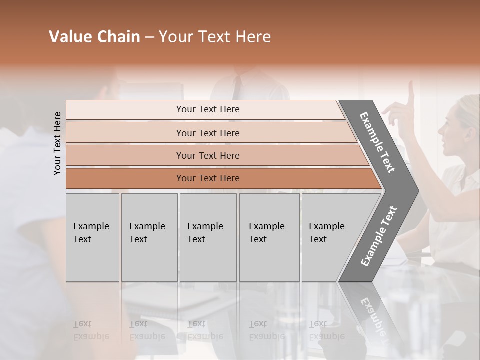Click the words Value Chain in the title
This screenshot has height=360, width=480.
click(x=94, y=37)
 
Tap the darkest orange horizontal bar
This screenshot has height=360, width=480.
click(x=125, y=178)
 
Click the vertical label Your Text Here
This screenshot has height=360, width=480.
click(x=57, y=143)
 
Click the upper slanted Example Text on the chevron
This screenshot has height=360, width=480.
click(x=377, y=142)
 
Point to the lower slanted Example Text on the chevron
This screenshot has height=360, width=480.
click(x=379, y=236)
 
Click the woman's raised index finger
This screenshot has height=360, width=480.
click(x=411, y=92)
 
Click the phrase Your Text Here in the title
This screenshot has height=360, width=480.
click(x=215, y=37)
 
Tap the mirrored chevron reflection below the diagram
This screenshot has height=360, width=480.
click(x=372, y=315)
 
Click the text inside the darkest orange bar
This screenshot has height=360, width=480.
click(x=208, y=178)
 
